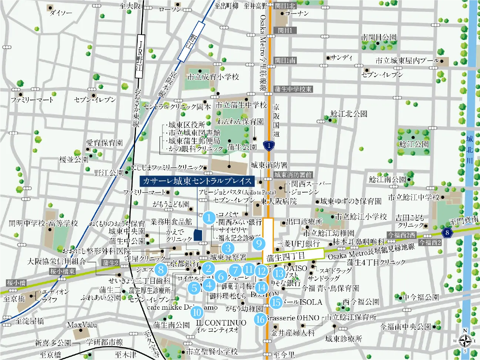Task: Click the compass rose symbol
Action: point(465,341)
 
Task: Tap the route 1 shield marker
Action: point(269,146)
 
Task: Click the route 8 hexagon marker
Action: point(447,233)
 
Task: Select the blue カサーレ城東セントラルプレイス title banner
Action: point(197,181)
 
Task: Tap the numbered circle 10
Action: point(197,312)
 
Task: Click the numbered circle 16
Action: point(260,319)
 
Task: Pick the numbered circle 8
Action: point(161,270)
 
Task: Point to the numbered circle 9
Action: point(259,243)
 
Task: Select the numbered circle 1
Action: point(209,218)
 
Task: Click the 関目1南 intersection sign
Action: point(285,60)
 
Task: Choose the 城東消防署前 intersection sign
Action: point(293,175)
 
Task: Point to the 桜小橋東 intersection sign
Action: point(63,271)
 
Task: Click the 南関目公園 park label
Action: point(379,37)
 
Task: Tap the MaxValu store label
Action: point(82,325)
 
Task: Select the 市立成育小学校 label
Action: point(213,77)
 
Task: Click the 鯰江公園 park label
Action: point(414,144)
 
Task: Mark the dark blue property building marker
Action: point(198,235)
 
